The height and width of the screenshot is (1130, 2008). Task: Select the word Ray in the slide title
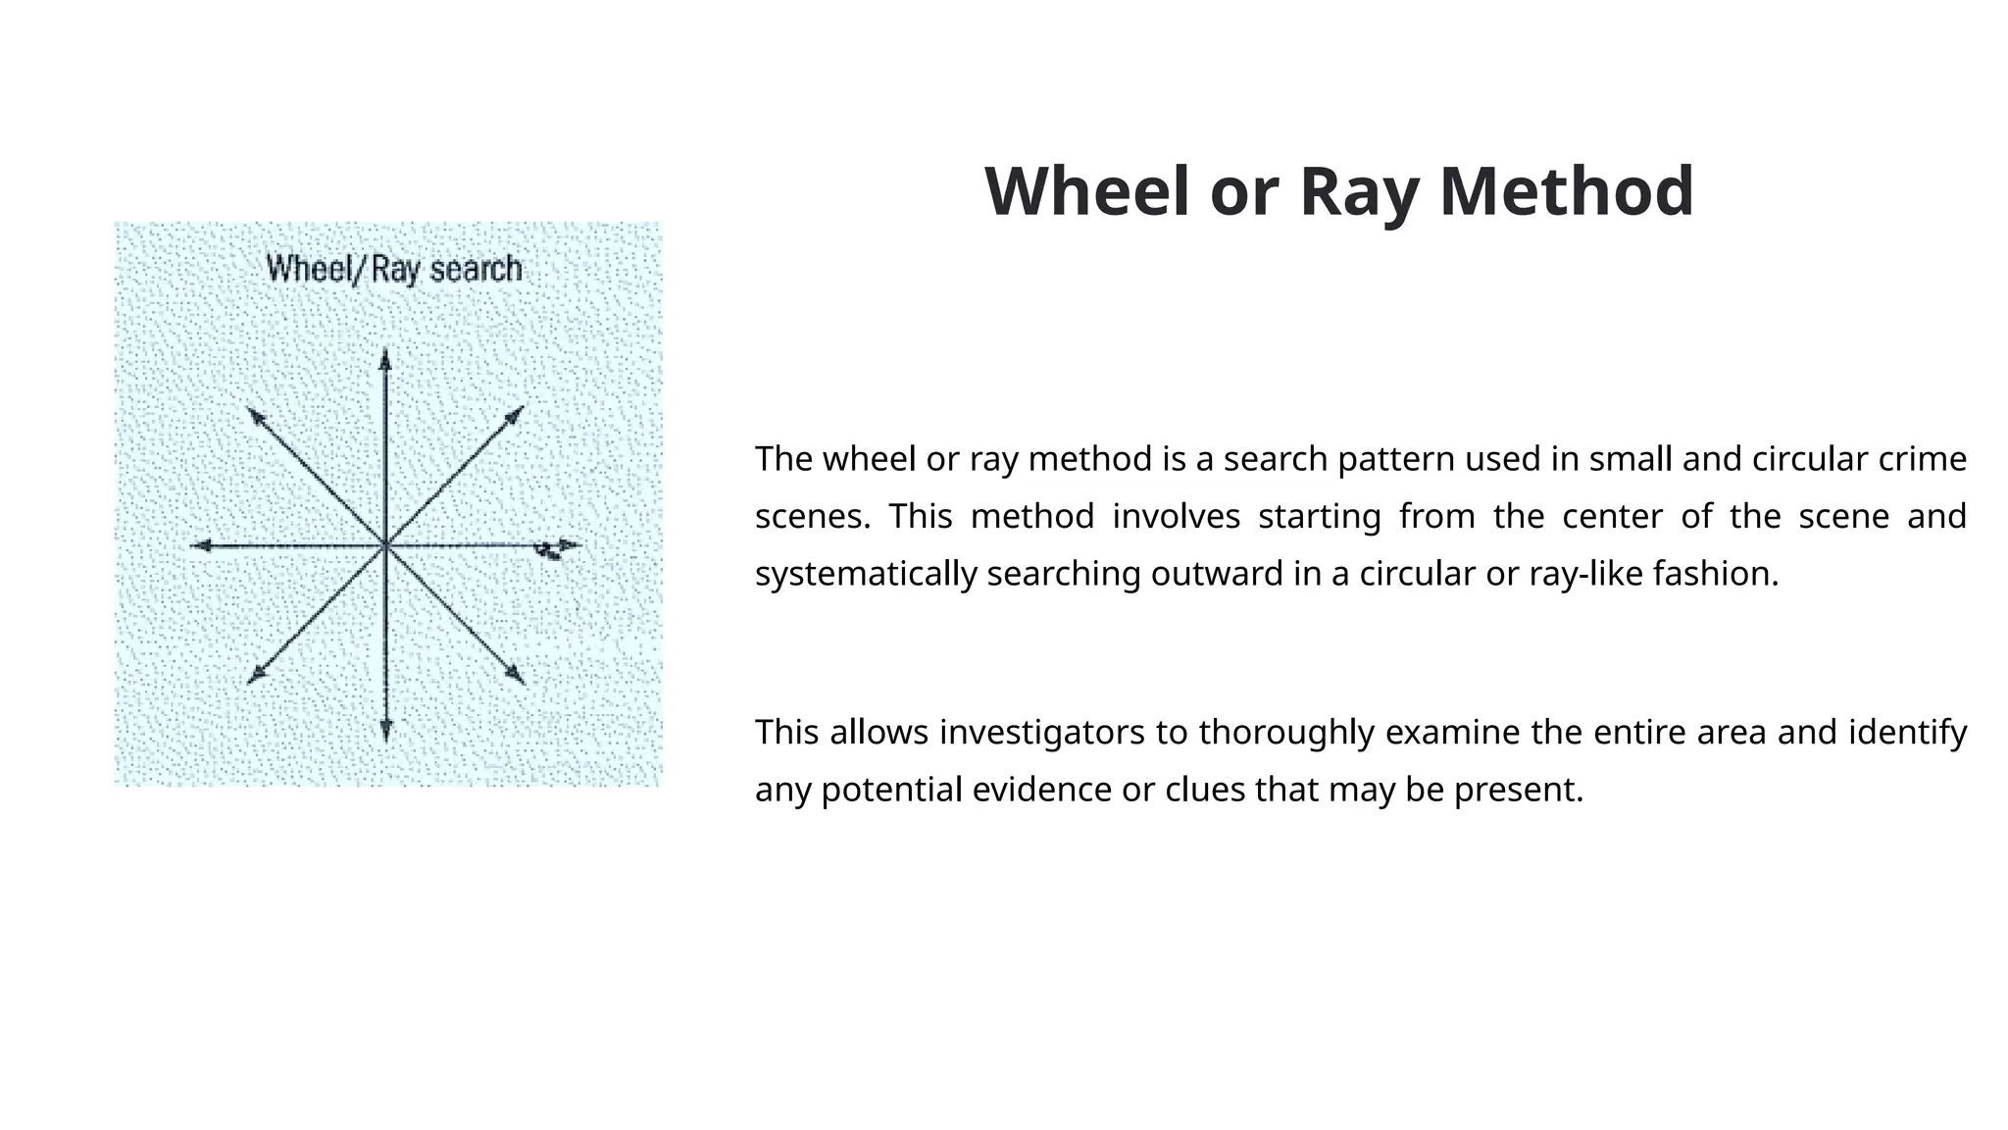(x=1359, y=192)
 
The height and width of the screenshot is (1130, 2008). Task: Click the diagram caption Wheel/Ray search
(x=394, y=269)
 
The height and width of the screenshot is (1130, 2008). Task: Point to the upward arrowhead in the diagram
(x=385, y=359)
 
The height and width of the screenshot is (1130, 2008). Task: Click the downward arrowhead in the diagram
(x=385, y=731)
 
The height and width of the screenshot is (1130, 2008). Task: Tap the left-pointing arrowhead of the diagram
(x=200, y=545)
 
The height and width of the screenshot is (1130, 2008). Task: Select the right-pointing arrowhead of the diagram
(x=570, y=544)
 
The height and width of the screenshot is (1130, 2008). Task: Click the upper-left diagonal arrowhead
(x=257, y=416)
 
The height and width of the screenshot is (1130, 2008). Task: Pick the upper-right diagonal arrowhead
(x=514, y=414)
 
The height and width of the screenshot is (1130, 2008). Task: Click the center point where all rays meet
(x=385, y=545)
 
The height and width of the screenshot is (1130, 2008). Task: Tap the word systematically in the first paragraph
(x=866, y=574)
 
